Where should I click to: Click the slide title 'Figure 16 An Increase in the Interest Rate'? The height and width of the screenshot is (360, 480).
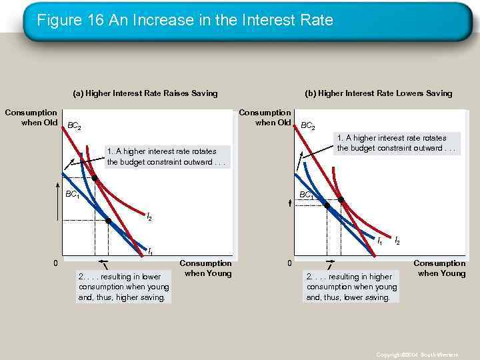click(185, 21)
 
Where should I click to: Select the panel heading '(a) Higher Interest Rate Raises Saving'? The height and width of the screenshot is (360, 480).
click(145, 93)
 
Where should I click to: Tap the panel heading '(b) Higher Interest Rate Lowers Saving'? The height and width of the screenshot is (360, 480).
click(378, 93)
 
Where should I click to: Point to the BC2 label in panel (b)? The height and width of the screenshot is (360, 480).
click(308, 125)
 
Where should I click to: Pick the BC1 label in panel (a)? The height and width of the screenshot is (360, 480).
click(72, 195)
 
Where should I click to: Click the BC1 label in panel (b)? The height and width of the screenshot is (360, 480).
click(307, 195)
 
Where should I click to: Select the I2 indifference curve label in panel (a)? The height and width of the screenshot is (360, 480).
click(149, 217)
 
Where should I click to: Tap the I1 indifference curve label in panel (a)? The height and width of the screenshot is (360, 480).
click(150, 252)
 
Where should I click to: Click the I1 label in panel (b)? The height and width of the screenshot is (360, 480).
click(380, 241)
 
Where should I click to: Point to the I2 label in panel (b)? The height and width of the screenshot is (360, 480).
click(397, 240)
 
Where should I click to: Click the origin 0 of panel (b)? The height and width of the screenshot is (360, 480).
click(289, 263)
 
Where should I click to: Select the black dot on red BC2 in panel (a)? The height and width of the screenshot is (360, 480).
click(95, 179)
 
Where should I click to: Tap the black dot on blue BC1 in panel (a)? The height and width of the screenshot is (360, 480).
click(108, 221)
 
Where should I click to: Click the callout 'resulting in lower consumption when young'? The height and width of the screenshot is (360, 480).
click(123, 287)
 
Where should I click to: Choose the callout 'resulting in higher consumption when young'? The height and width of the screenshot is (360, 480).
click(351, 286)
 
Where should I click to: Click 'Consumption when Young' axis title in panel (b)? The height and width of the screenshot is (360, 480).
click(439, 268)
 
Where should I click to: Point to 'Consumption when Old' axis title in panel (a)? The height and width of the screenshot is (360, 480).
click(31, 117)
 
